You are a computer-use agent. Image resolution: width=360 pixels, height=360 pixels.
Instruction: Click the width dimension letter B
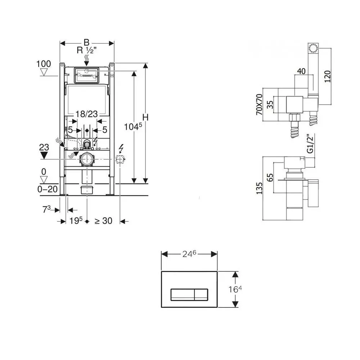[x=87, y=42]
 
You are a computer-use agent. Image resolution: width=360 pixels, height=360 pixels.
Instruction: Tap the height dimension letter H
[x=145, y=118]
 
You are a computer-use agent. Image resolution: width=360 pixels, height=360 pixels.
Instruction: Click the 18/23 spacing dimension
[x=86, y=114]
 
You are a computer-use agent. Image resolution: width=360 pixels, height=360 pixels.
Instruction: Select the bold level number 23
[x=44, y=147]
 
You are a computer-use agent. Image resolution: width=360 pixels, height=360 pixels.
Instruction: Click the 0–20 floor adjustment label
[x=48, y=189]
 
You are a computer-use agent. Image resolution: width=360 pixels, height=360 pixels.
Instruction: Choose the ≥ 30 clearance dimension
[x=104, y=221]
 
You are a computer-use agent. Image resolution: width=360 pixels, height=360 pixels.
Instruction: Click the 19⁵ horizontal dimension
[x=76, y=221]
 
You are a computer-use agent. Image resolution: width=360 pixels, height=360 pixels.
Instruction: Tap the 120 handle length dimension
[x=327, y=76]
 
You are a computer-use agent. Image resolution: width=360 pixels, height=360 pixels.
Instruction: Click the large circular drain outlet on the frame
[x=86, y=159]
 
